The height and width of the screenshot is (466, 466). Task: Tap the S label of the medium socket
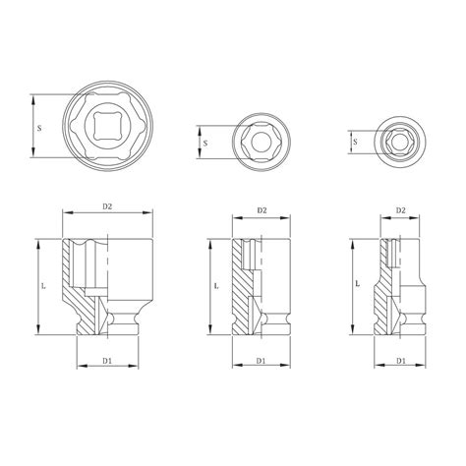[204, 143]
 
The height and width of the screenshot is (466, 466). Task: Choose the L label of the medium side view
[215, 287]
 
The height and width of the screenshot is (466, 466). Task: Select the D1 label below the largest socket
[109, 360]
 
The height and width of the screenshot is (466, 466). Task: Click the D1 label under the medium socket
[262, 360]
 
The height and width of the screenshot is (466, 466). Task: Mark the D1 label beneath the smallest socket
[400, 360]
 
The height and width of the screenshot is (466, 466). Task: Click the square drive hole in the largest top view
[109, 125]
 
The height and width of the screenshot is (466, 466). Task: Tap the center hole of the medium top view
[262, 144]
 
